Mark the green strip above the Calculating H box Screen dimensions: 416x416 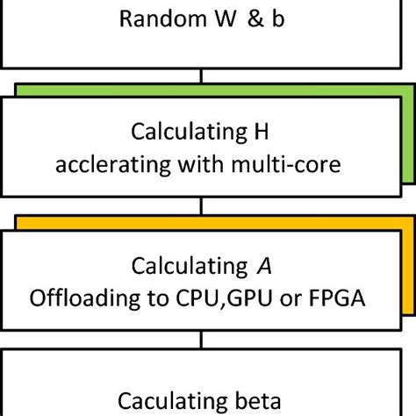211,88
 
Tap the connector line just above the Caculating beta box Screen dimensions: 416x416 204,341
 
